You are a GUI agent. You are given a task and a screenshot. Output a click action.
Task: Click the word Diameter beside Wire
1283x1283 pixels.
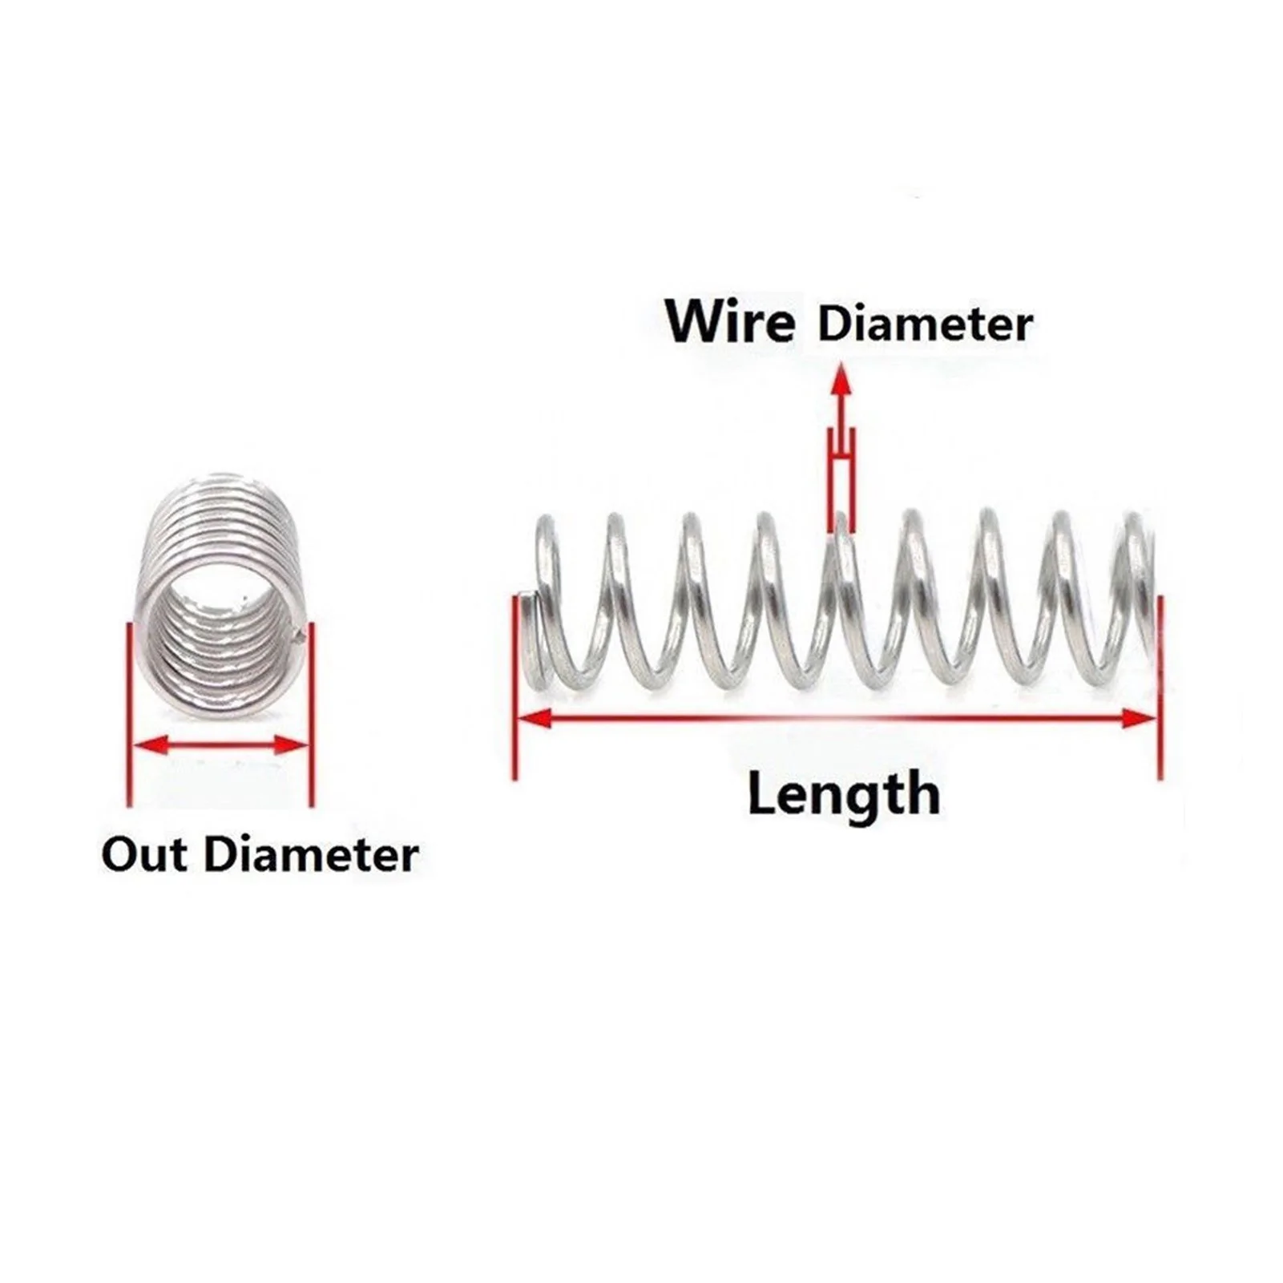pyautogui.click(x=925, y=325)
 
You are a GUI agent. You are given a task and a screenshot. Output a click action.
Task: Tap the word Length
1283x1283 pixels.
pyautogui.click(x=843, y=794)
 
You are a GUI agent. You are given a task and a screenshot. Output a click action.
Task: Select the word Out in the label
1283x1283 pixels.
pyautogui.click(x=143, y=854)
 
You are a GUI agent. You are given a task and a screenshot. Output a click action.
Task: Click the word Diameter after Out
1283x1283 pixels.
pyautogui.click(x=311, y=854)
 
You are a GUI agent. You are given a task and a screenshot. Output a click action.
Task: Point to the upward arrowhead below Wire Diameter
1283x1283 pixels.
pyautogui.click(x=841, y=380)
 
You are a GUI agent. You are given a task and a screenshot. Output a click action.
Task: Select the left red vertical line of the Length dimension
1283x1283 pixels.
pyautogui.click(x=514, y=686)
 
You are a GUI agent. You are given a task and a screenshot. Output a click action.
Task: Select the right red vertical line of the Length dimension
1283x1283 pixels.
pyautogui.click(x=1160, y=686)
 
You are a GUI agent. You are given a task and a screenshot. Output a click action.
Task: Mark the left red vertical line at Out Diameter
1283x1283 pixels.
pyautogui.click(x=128, y=713)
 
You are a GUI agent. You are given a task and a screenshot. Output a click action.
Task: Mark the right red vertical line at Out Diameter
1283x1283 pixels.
pyautogui.click(x=312, y=713)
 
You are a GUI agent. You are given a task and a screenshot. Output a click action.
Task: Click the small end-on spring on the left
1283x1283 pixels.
pyautogui.click(x=220, y=593)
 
